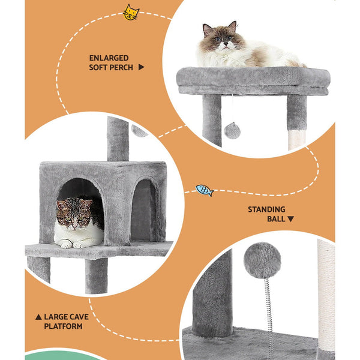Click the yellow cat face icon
131,12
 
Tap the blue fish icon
205,190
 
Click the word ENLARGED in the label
109,58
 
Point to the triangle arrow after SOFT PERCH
141,68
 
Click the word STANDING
266,210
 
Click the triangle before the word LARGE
38,317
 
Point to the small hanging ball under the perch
232,130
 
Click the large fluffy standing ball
262,260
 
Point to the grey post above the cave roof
118,138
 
